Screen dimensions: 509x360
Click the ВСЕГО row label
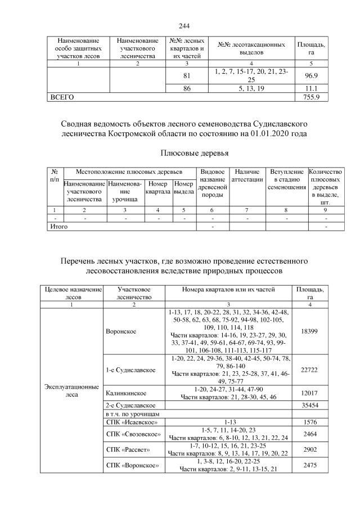63,97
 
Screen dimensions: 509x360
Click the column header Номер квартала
157,187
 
